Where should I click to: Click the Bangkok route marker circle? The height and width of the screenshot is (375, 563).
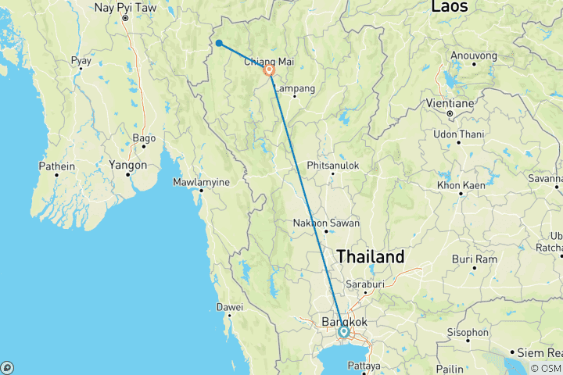click(x=343, y=332)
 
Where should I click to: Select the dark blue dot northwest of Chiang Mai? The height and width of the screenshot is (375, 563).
click(x=220, y=44)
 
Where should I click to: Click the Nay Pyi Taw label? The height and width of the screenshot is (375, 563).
click(x=126, y=8)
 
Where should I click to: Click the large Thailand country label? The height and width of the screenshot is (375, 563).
click(x=371, y=256)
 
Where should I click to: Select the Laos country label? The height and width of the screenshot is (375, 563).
click(x=450, y=7)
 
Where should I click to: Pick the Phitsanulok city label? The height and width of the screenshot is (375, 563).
click(x=332, y=166)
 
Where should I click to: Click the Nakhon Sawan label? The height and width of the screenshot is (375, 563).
click(x=326, y=223)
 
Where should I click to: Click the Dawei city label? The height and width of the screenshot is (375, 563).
click(x=231, y=307)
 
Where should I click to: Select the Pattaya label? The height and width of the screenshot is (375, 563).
click(x=364, y=366)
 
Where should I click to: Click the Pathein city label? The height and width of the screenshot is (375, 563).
click(x=58, y=166)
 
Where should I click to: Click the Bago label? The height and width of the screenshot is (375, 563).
click(x=144, y=138)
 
